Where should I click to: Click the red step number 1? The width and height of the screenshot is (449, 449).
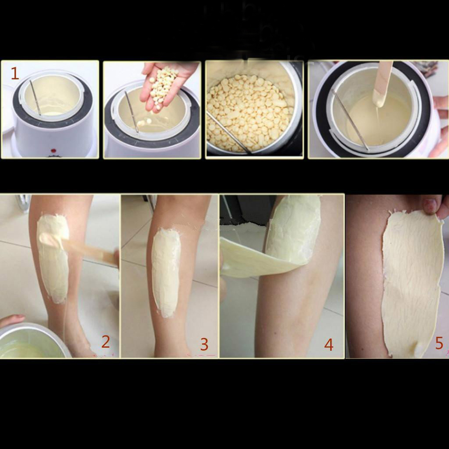tap(15, 74)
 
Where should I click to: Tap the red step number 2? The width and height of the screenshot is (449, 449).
tap(105, 342)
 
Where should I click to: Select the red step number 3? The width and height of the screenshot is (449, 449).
tap(204, 345)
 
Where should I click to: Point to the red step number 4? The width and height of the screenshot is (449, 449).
tap(329, 345)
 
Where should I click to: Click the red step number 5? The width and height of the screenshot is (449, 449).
tap(439, 343)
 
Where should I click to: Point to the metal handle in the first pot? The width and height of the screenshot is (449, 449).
tap(36, 98)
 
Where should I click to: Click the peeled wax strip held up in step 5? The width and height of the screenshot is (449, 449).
tap(412, 282)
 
